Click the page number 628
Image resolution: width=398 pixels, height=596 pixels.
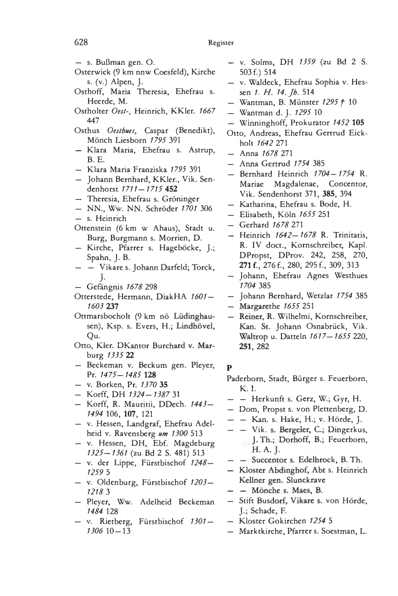(82, 42)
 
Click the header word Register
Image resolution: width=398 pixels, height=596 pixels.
(222, 42)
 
